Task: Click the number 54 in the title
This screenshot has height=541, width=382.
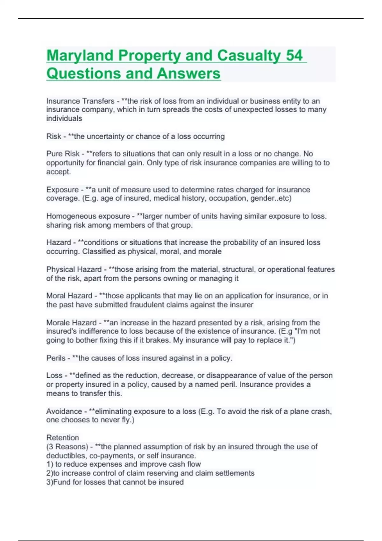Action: (294, 55)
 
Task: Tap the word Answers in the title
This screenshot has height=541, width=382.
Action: (188, 74)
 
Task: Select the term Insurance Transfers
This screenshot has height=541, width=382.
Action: (80, 101)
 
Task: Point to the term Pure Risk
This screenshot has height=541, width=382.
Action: (63, 154)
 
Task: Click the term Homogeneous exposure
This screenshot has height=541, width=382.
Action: (88, 216)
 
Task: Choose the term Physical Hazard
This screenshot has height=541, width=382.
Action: (74, 269)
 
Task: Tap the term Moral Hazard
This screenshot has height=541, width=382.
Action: (69, 296)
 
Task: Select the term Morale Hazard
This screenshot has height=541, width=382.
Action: (71, 322)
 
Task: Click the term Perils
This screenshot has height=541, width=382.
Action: (56, 358)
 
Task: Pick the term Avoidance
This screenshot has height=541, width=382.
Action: (64, 411)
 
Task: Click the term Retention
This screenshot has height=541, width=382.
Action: (62, 438)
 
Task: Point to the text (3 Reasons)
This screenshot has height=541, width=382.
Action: (67, 446)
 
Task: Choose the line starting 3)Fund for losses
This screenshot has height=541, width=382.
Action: (115, 482)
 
